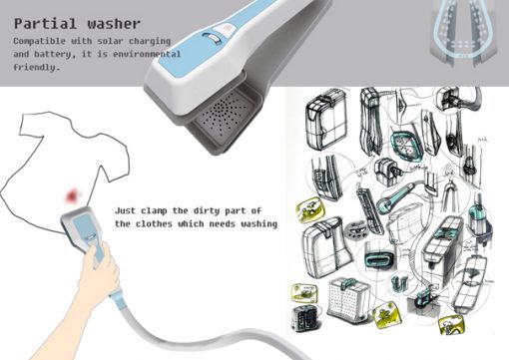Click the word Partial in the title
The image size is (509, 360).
point(45,24)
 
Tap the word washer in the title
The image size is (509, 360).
point(114,24)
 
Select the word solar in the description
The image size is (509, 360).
point(110,41)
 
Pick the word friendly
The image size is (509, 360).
point(37,67)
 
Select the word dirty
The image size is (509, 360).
point(207,211)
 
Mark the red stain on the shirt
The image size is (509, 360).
point(72,195)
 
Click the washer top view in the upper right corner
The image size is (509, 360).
point(463,33)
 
